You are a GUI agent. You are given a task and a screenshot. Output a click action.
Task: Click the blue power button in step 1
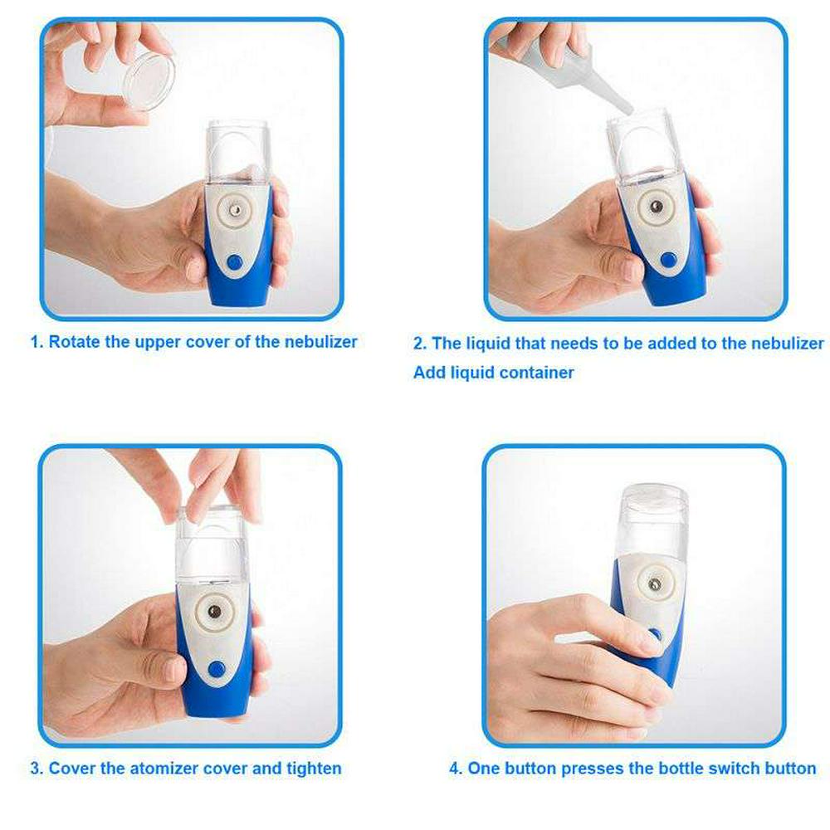(x=234, y=262)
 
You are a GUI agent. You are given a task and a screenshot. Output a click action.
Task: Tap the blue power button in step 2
(x=668, y=259)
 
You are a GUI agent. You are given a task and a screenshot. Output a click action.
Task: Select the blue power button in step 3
(x=216, y=669)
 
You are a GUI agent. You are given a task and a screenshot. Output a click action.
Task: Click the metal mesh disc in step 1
(x=235, y=211)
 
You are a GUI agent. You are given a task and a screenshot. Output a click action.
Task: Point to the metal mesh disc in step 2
(x=657, y=207)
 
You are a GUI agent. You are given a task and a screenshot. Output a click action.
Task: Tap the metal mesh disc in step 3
(x=214, y=612)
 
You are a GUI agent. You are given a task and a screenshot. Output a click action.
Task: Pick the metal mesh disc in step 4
(x=655, y=584)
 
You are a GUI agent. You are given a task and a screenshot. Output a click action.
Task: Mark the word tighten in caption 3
(x=314, y=768)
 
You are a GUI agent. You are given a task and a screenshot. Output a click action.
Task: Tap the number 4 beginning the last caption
(x=454, y=768)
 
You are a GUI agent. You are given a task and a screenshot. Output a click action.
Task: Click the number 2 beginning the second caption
(x=418, y=344)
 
